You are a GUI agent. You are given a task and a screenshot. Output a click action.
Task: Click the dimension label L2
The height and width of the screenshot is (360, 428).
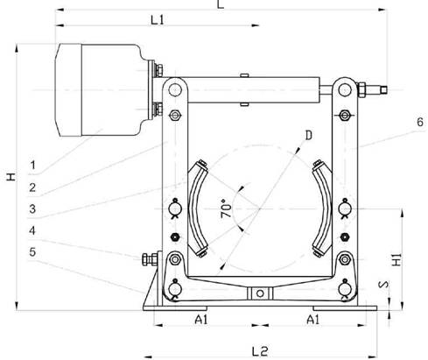[259, 351]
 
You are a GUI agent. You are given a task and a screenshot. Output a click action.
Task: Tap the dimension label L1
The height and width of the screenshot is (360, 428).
[158, 20]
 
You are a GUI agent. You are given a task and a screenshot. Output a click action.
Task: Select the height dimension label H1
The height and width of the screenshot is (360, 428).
[396, 259]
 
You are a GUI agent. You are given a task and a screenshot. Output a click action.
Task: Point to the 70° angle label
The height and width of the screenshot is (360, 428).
[227, 208]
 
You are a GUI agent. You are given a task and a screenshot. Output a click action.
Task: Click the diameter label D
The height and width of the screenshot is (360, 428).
[309, 135]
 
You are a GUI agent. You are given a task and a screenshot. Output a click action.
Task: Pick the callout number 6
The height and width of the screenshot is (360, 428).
[420, 122]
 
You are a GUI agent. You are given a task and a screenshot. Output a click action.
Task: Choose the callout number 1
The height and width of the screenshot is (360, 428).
[33, 165]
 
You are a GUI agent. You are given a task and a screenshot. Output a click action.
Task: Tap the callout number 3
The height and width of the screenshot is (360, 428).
[32, 209]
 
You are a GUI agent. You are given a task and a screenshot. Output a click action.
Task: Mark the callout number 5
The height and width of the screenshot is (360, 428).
[32, 252]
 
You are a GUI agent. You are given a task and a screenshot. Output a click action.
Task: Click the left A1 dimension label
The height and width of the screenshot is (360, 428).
[201, 320]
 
